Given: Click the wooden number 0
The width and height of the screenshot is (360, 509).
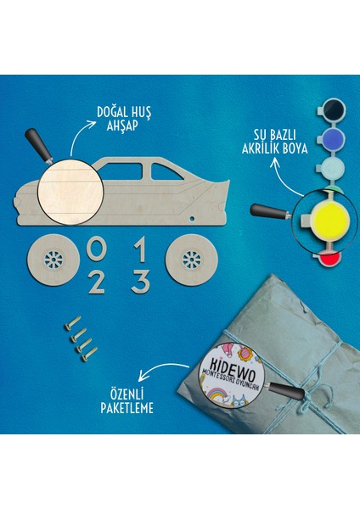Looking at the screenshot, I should click(x=98, y=250).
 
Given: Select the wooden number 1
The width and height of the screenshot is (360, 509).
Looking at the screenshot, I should click(x=142, y=250).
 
